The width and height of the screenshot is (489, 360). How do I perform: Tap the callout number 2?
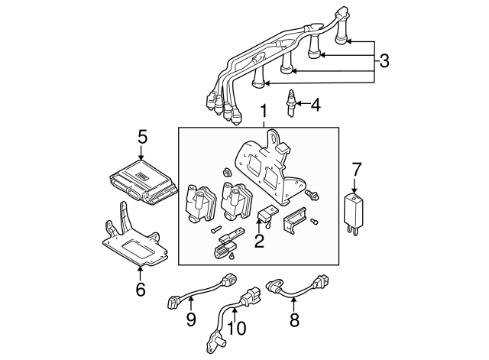coord(259,242)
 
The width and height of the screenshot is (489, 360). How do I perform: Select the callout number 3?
coord(384,59)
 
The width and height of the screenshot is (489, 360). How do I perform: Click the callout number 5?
coord(142,138)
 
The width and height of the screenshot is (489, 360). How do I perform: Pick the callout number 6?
coord(140,289)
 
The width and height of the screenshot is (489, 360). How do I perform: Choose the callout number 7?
coord(355,170)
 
